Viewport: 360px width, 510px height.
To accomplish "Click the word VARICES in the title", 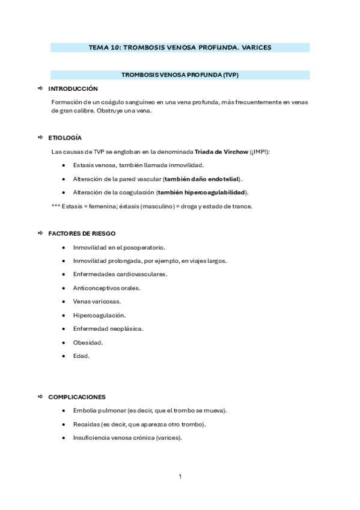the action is pos(257,47).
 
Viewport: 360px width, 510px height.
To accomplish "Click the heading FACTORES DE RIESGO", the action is pos(82,233).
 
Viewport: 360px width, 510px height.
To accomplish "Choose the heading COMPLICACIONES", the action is pos(77,397).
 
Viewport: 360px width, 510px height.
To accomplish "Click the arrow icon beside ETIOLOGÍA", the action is pos(41,138).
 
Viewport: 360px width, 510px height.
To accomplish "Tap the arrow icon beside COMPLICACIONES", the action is pos(41,397).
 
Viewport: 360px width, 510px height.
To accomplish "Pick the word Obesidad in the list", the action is pos(87,342).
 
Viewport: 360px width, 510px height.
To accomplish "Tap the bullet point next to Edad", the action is pos(64,356).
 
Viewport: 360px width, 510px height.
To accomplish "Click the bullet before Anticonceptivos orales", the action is pos(64,288).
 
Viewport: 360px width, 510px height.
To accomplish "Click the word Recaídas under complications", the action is pos(86,424).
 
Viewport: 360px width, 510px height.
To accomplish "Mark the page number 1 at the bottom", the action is pos(180,476).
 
